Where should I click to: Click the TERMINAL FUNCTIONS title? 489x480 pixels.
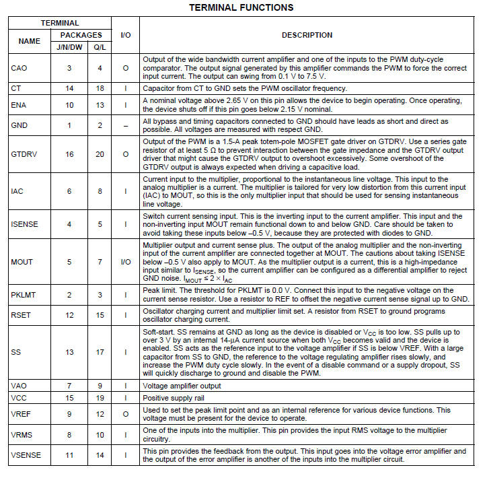click(241, 8)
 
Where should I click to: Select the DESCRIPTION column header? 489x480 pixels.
click(307, 35)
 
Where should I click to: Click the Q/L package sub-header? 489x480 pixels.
click(100, 47)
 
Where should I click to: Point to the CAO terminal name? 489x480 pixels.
click(20, 68)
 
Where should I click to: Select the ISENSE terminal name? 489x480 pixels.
click(25, 224)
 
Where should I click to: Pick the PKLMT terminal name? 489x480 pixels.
click(24, 294)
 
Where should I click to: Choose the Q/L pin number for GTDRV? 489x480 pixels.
click(100, 154)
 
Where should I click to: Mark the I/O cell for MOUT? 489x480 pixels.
click(125, 261)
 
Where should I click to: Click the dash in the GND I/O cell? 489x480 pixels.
click(125, 126)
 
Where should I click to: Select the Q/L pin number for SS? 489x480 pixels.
click(100, 352)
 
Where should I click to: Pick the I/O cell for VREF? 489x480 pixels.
click(125, 414)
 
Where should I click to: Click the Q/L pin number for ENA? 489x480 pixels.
click(100, 105)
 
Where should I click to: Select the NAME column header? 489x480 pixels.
click(29, 41)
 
